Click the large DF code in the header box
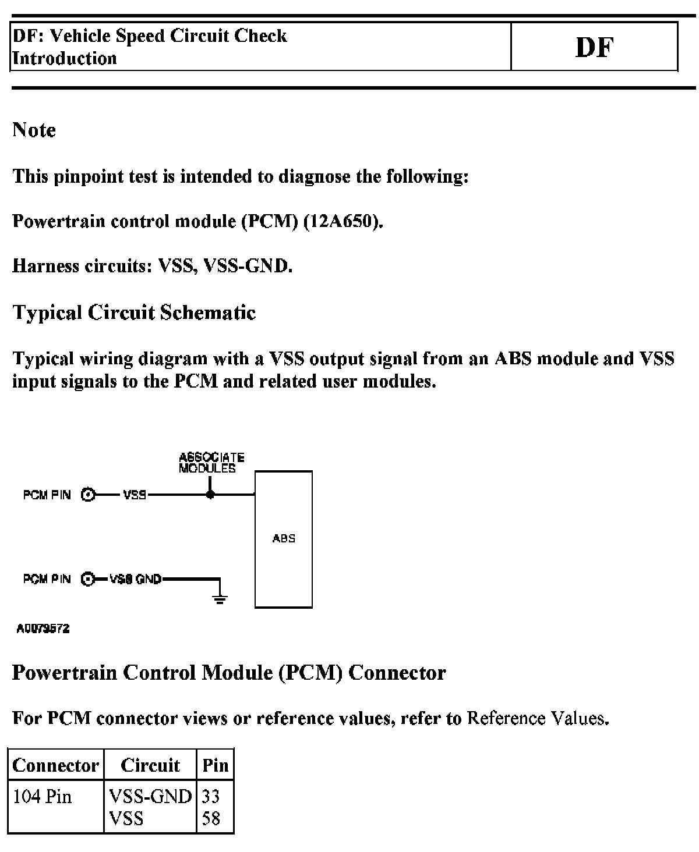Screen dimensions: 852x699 coord(594,48)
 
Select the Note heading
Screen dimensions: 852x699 coord(34,130)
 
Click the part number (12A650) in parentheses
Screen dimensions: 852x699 coord(343,221)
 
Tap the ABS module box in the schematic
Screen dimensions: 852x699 coord(284,539)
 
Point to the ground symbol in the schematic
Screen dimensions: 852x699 coord(220,598)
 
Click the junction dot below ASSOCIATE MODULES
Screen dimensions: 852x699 coord(211,495)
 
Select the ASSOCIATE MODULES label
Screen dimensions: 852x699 coord(211,463)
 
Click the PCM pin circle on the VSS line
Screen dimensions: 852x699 coord(88,495)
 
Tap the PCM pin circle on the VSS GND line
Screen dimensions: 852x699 coord(88,580)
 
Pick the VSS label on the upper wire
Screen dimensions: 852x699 coord(135,495)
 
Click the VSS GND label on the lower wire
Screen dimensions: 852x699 coord(136,580)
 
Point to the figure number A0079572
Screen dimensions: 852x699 coord(43,629)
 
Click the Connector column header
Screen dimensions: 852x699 coord(56,765)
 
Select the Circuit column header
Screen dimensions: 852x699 coord(150,765)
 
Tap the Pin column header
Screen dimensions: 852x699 coord(216,765)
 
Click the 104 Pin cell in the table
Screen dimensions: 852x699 coord(42,796)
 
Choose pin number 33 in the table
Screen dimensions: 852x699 coord(210,796)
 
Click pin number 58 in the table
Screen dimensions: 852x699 coord(210,819)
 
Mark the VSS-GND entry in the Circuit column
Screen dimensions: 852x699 coord(150,796)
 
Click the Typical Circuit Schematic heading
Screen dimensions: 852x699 coord(134,313)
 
